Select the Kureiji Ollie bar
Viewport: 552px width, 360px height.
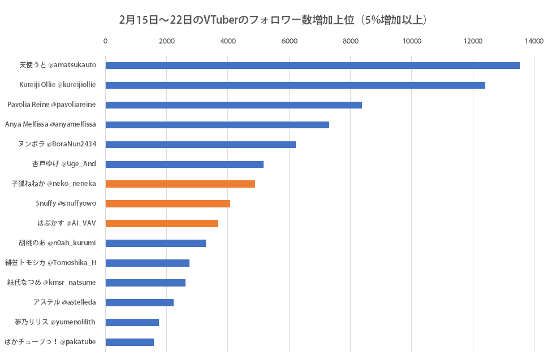pyautogui.click(x=295, y=85)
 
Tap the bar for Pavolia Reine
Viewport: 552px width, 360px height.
pyautogui.click(x=234, y=105)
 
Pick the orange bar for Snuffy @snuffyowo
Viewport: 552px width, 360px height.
pyautogui.click(x=168, y=203)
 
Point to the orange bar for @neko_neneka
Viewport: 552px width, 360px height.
pyautogui.click(x=180, y=184)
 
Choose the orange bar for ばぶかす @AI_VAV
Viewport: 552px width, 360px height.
pyautogui.click(x=162, y=223)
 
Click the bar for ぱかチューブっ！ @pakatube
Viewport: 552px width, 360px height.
pyautogui.click(x=130, y=342)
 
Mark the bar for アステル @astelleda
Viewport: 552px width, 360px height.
pyautogui.click(x=140, y=302)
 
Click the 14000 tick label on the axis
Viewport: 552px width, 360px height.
pyautogui.click(x=533, y=41)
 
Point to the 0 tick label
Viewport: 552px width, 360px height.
pyautogui.click(x=106, y=41)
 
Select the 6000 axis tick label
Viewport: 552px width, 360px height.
pyautogui.click(x=289, y=41)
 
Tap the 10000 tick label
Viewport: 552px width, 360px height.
pyautogui.click(x=411, y=41)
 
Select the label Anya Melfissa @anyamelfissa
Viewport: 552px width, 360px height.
pyautogui.click(x=50, y=124)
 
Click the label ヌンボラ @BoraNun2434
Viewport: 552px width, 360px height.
pyautogui.click(x=57, y=144)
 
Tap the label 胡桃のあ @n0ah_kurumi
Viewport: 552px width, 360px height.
pyautogui.click(x=57, y=243)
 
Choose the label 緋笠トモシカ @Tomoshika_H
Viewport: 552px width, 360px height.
pyautogui.click(x=51, y=263)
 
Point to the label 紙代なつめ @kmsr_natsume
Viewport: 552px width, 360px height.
pyautogui.click(x=51, y=283)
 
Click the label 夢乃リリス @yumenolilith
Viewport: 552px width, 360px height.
pyautogui.click(x=55, y=322)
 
